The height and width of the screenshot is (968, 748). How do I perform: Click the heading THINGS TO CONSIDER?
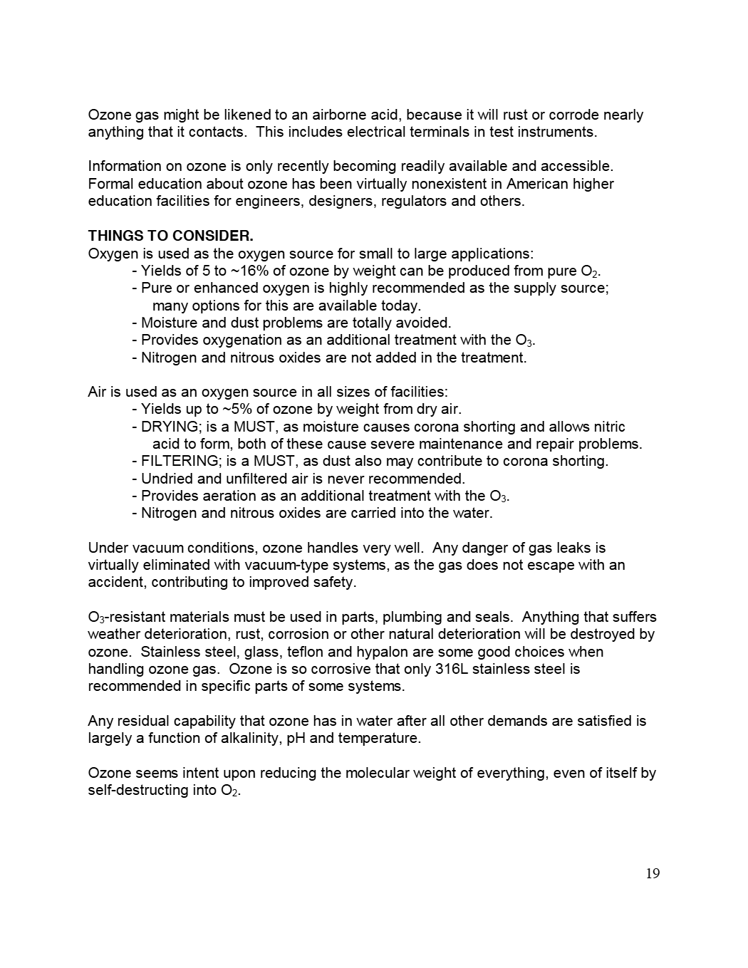click(x=170, y=236)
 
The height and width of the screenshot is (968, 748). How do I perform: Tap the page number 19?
click(x=653, y=873)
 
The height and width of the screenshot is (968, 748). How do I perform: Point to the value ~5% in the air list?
click(x=236, y=409)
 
